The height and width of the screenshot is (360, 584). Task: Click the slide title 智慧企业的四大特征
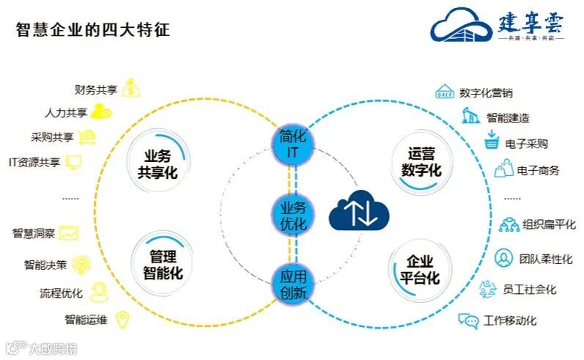tap(93, 30)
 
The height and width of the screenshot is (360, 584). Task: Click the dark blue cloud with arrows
tap(359, 212)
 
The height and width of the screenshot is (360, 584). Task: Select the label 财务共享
tap(95, 90)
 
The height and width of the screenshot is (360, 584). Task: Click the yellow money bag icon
tap(130, 89)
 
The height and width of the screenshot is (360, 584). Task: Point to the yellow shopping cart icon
tap(89, 136)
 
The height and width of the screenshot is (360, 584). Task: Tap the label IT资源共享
tap(34, 162)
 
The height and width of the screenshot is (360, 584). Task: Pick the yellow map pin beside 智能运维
tap(123, 319)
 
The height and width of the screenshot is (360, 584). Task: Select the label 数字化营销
tap(486, 93)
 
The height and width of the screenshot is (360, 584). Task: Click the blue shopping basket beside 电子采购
tap(492, 142)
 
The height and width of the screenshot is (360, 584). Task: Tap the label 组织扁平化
tap(549, 224)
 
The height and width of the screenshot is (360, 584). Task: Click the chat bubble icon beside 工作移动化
tap(468, 320)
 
